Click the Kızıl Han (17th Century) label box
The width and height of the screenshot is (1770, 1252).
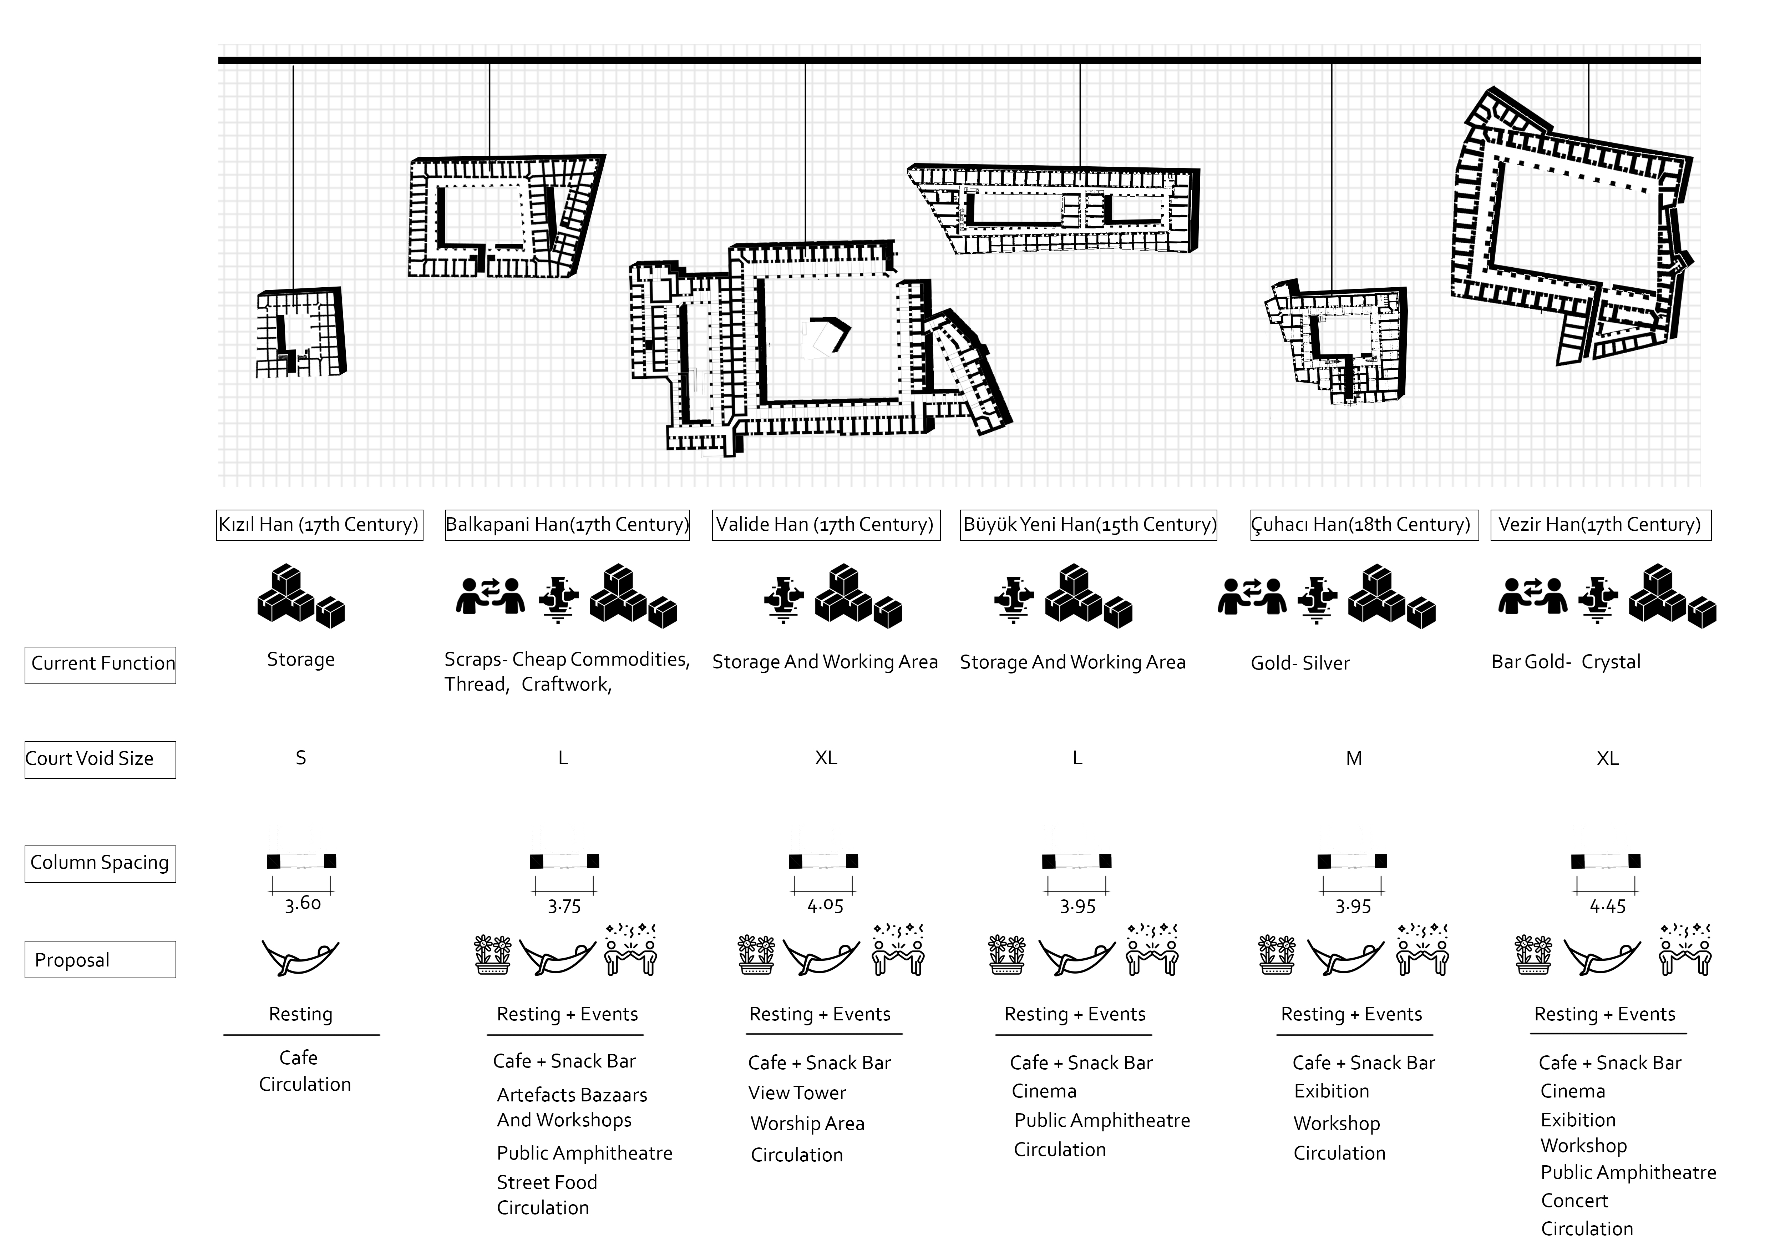pos(319,525)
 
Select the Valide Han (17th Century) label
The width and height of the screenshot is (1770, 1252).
pos(826,525)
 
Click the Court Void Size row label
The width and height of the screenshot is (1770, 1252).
pos(100,759)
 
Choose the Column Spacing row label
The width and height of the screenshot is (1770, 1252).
pos(100,863)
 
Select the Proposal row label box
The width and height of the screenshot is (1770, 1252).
pos(100,960)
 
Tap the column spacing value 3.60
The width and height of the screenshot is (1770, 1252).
pos(302,904)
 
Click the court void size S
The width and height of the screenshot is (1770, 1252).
pos(301,759)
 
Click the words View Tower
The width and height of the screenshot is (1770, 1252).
pos(797,1093)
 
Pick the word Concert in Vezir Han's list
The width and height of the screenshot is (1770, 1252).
pos(1574,1201)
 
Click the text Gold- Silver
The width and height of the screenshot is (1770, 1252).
pos(1300,664)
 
